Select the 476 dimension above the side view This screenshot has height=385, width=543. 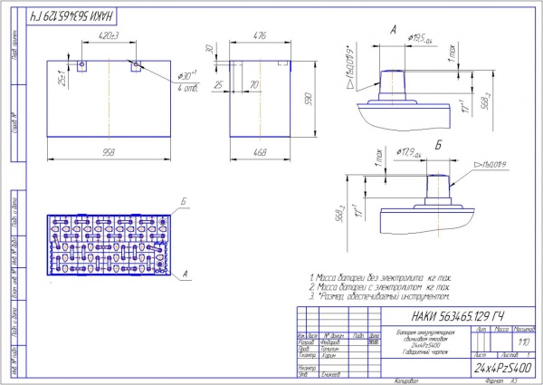(261, 35)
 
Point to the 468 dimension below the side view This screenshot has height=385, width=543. (262, 152)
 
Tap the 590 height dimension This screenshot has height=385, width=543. (306, 98)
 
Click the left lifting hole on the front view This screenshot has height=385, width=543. (81, 65)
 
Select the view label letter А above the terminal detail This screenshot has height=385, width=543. (393, 30)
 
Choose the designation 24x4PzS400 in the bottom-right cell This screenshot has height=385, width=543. (501, 370)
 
